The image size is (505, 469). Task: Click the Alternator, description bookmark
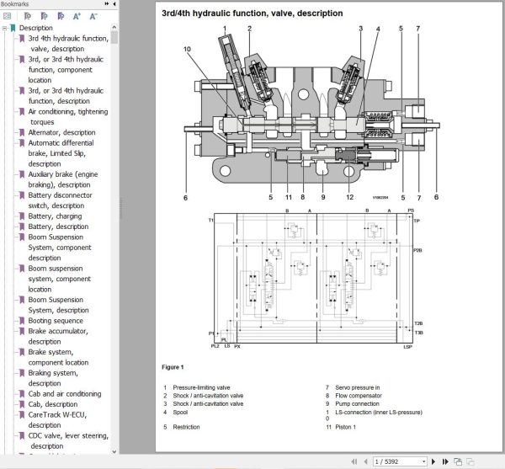coord(61,132)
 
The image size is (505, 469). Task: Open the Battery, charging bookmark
coord(55,216)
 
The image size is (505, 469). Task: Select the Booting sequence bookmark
coord(56,321)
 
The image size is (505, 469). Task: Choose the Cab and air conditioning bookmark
coord(65,394)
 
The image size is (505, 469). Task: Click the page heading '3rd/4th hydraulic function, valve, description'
coord(240,13)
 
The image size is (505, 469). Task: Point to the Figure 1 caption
coord(173,367)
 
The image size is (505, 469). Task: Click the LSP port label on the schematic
coord(407,347)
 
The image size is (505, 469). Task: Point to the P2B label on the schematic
coord(417,251)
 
